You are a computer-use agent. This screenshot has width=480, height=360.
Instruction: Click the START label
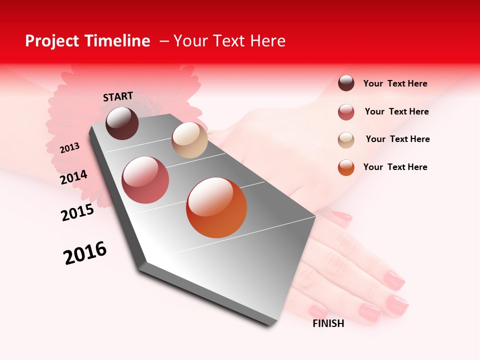click(x=118, y=96)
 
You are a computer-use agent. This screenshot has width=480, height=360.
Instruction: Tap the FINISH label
click(x=328, y=323)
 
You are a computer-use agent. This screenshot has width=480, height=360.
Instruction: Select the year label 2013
click(x=70, y=147)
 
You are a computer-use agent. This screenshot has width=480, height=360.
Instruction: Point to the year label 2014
click(x=73, y=177)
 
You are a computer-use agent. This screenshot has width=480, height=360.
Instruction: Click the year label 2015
click(x=77, y=212)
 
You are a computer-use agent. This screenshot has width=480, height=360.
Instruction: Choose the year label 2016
click(x=85, y=252)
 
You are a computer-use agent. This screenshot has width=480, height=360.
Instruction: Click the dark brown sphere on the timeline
click(x=122, y=123)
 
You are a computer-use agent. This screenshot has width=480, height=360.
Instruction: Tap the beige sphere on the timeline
click(x=189, y=140)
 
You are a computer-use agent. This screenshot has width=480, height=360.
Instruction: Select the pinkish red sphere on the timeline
click(x=145, y=180)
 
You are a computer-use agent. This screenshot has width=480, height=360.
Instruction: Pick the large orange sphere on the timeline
click(x=216, y=207)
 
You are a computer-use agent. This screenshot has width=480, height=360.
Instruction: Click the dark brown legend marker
click(x=346, y=83)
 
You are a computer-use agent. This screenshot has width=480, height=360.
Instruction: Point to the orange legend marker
click(x=346, y=167)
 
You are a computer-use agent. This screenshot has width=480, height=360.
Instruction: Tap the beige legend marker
click(x=346, y=139)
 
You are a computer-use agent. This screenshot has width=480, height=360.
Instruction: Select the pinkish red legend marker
click(x=346, y=112)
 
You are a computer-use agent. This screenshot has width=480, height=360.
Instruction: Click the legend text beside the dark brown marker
click(x=395, y=83)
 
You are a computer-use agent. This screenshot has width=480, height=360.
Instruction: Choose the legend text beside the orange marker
click(x=395, y=167)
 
